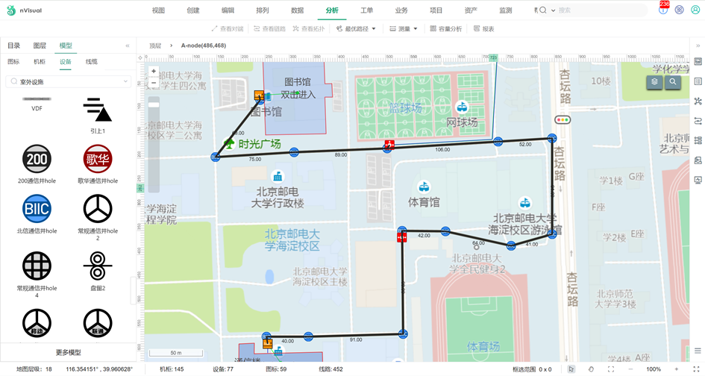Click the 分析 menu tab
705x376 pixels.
[x=332, y=10]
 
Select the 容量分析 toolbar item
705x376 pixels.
[x=446, y=29]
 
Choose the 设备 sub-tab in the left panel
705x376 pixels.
[x=66, y=62]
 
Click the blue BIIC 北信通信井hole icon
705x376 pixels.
[x=37, y=209]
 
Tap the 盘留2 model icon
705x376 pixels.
[x=98, y=266]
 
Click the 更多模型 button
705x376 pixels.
[x=68, y=352]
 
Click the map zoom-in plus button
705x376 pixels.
[x=154, y=72]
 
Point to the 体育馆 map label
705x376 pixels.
[x=424, y=201]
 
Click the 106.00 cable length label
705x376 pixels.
[x=442, y=150]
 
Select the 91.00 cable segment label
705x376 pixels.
[x=356, y=340]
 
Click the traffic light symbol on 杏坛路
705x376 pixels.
[x=562, y=119]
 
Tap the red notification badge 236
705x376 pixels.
[x=664, y=4]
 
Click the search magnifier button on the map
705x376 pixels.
[x=673, y=82]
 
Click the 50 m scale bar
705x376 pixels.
[x=176, y=353]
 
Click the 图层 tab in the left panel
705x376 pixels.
[x=40, y=46]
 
